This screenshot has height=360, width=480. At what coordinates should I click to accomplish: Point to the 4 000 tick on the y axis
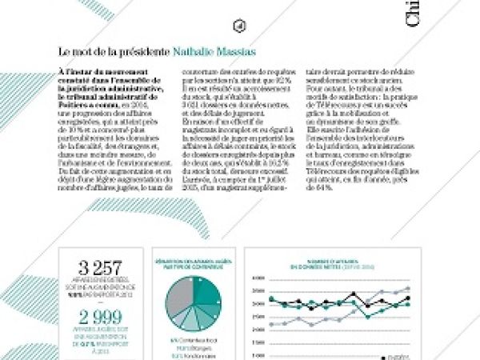coord(258,278)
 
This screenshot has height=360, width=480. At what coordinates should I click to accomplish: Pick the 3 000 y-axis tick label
coord(258,304)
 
